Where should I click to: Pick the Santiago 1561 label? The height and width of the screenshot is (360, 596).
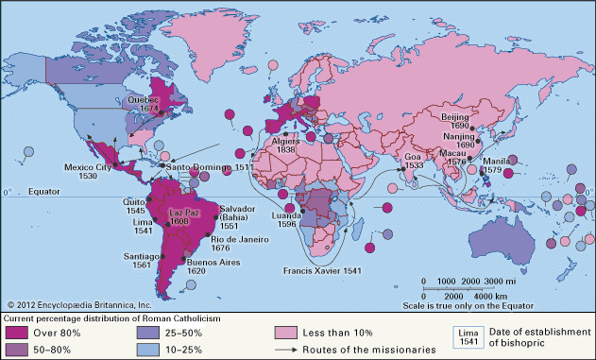click(x=142, y=261)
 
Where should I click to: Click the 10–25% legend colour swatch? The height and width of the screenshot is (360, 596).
click(x=156, y=350)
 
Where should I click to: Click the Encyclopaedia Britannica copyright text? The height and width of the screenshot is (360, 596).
click(x=79, y=304)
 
